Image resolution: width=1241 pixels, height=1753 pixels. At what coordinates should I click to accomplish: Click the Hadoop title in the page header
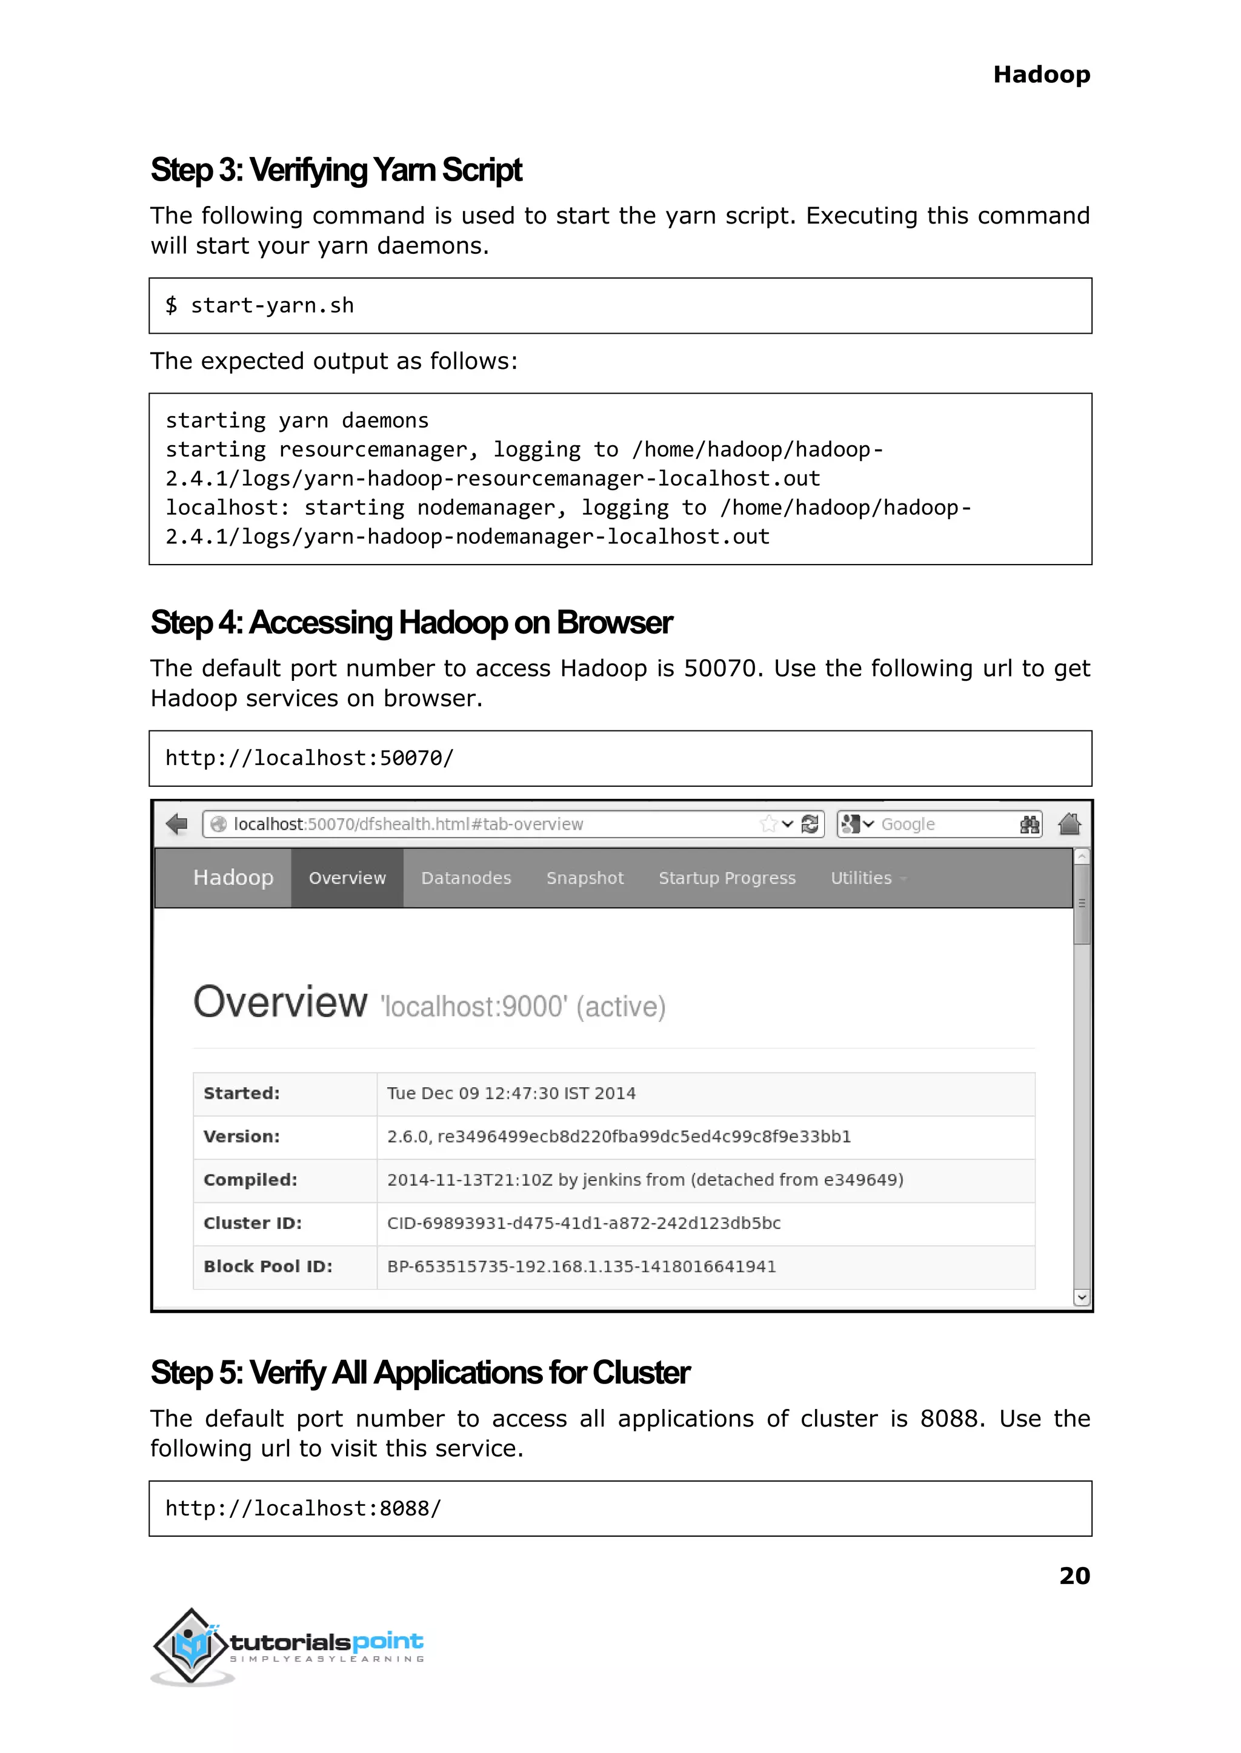click(x=1041, y=75)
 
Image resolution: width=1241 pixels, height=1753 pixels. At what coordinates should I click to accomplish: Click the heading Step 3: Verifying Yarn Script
click(x=336, y=170)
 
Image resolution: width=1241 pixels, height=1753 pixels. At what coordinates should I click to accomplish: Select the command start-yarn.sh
click(x=271, y=305)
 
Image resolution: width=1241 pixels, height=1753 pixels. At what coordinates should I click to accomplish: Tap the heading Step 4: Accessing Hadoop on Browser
click(x=411, y=623)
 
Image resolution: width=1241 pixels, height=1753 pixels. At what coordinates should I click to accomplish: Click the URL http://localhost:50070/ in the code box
click(x=310, y=758)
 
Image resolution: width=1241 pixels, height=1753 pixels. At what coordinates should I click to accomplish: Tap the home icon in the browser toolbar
click(x=1069, y=824)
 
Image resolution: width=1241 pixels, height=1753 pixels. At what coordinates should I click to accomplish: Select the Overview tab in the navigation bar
click(x=347, y=878)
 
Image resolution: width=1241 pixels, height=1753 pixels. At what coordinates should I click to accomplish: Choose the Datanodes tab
click(x=466, y=878)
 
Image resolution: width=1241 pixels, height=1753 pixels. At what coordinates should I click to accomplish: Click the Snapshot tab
click(x=585, y=878)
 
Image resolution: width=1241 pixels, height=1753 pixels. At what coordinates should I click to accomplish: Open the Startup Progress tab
click(x=727, y=878)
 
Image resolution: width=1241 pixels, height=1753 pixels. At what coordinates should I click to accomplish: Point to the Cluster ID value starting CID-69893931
click(x=583, y=1224)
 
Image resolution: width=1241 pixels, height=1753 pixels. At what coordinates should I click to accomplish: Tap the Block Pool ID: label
click(x=267, y=1267)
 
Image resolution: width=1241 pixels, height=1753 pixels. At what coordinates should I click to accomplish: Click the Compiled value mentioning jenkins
click(x=644, y=1180)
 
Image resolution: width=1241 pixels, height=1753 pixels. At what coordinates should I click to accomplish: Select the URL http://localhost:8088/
click(x=304, y=1508)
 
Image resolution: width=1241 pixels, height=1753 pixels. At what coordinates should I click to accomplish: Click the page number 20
click(x=1074, y=1576)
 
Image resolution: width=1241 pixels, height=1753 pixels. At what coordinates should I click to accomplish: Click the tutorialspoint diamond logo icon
click(x=191, y=1646)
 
